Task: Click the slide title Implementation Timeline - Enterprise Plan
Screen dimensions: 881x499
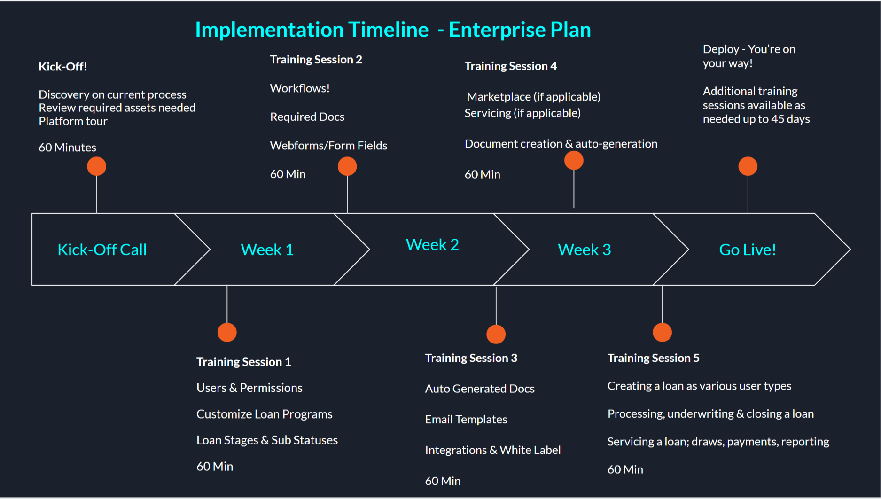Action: (393, 30)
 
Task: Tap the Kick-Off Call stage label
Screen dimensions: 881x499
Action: (102, 249)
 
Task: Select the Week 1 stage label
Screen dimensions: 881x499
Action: (267, 249)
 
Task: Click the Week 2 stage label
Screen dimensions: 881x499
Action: (432, 245)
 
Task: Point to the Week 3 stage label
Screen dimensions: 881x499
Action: (585, 249)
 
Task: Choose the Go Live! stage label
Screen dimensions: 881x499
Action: (748, 249)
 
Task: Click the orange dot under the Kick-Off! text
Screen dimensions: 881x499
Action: (97, 166)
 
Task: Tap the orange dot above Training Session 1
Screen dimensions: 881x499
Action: (227, 332)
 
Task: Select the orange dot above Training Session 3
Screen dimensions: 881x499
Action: (496, 334)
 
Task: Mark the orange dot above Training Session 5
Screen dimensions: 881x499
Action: (663, 332)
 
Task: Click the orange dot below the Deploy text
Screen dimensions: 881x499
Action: (748, 166)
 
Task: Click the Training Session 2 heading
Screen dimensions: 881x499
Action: (316, 60)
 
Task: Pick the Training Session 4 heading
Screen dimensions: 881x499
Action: (511, 66)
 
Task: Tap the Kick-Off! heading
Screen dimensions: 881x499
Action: (63, 67)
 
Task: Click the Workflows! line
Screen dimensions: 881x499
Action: (300, 88)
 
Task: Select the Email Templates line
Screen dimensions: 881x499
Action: (466, 420)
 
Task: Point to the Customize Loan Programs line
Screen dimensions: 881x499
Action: (265, 414)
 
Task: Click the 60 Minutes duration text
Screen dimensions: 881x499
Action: (67, 148)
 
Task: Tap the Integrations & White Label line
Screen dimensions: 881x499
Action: (493, 450)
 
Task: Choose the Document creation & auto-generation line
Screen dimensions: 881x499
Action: (561, 144)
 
